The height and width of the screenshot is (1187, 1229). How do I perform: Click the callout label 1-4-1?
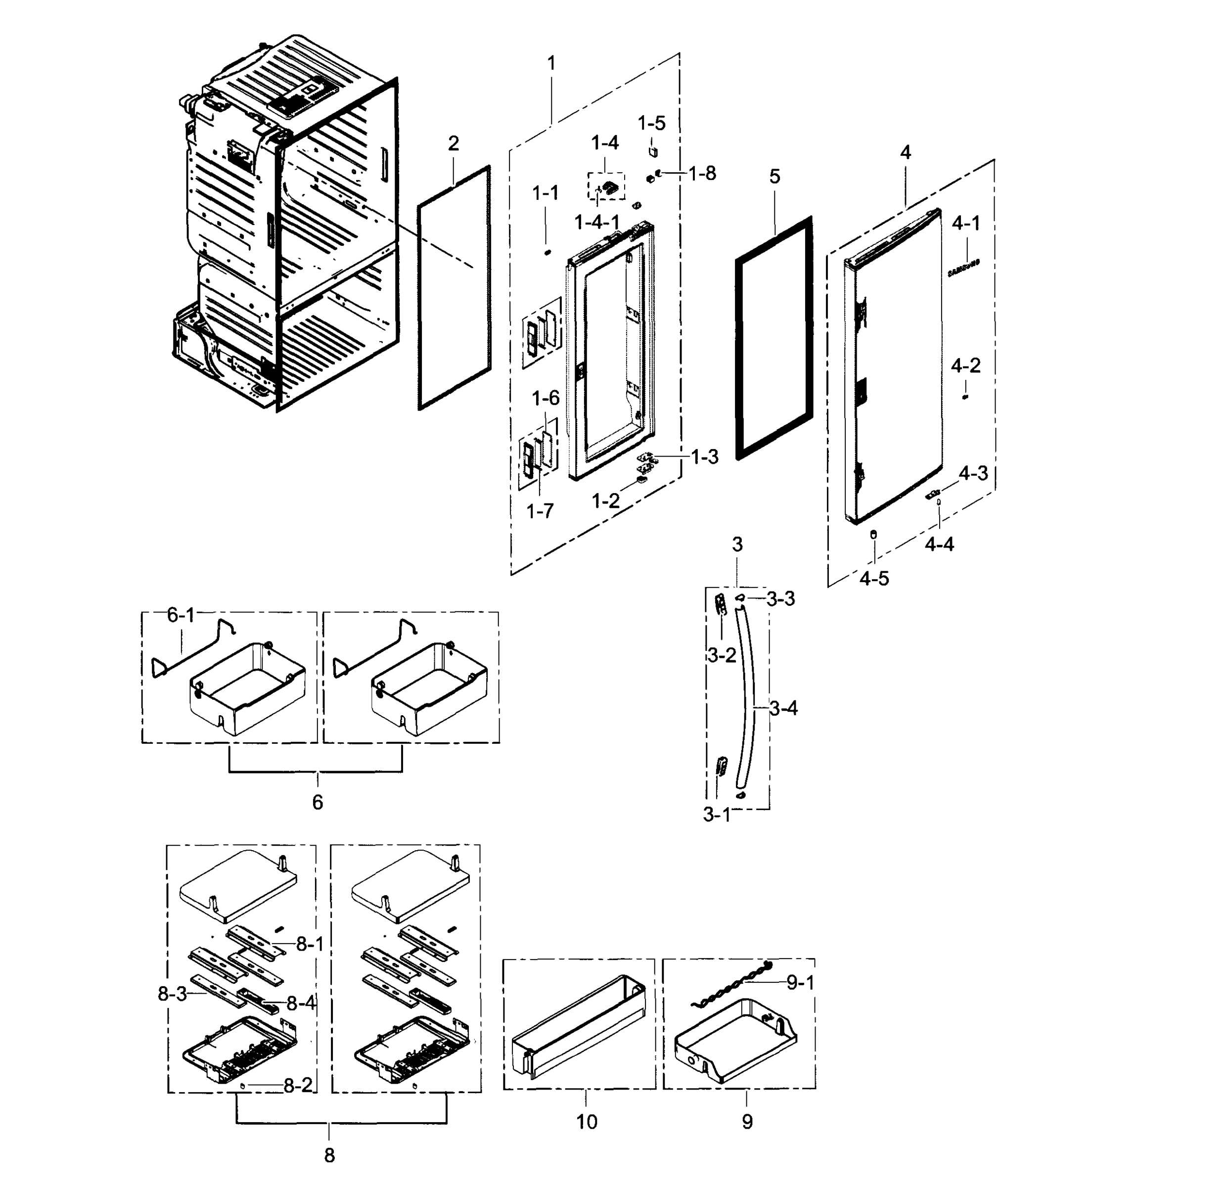[597, 222]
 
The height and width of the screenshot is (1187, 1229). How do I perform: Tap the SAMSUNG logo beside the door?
[964, 269]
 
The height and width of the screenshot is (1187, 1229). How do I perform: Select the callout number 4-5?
[873, 579]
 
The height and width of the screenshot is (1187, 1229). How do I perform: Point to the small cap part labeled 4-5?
[873, 534]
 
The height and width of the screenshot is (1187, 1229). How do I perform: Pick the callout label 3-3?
[780, 599]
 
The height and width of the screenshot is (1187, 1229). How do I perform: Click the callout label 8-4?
[302, 1004]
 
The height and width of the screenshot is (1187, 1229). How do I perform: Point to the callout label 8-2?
[298, 1086]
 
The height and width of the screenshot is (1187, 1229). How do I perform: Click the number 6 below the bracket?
[318, 802]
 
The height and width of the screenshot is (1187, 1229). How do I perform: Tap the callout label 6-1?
[181, 616]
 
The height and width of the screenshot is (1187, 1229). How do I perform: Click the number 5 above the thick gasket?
[774, 177]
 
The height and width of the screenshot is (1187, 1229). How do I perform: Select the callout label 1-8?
[702, 174]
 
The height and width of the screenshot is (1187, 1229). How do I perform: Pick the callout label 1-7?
[540, 511]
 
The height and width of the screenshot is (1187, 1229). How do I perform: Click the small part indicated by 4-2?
[965, 398]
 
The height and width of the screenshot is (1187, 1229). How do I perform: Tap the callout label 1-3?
[705, 457]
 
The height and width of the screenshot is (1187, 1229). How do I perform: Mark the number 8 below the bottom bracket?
[329, 1155]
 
